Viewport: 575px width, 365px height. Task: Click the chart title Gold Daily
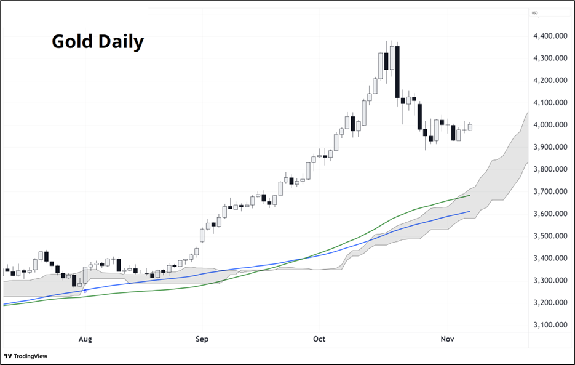click(x=98, y=41)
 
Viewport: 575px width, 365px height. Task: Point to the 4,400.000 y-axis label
click(x=552, y=36)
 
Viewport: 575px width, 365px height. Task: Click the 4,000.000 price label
click(x=552, y=125)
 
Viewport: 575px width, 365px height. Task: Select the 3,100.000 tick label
click(x=552, y=325)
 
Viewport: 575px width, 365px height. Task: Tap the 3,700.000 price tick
click(x=552, y=192)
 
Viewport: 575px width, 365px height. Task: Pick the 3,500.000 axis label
click(x=552, y=236)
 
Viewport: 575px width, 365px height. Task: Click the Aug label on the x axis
click(x=85, y=339)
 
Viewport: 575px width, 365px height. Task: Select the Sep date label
click(x=202, y=339)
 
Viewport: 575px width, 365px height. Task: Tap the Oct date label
click(x=319, y=339)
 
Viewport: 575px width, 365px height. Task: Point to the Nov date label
click(x=448, y=339)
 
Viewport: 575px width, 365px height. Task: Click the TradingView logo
click(x=25, y=356)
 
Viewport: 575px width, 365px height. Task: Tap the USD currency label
click(x=534, y=13)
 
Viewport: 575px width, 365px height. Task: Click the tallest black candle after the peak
click(x=397, y=71)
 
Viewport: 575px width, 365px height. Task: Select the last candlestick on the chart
click(x=470, y=127)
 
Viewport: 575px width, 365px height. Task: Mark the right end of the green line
click(x=470, y=195)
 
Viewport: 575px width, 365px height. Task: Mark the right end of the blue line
click(x=470, y=211)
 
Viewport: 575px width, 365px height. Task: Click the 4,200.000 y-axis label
click(x=552, y=81)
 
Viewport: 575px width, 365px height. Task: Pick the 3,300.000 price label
click(x=552, y=281)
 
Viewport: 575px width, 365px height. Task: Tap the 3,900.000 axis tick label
click(x=552, y=148)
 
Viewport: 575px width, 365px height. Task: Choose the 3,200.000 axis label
click(x=552, y=303)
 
